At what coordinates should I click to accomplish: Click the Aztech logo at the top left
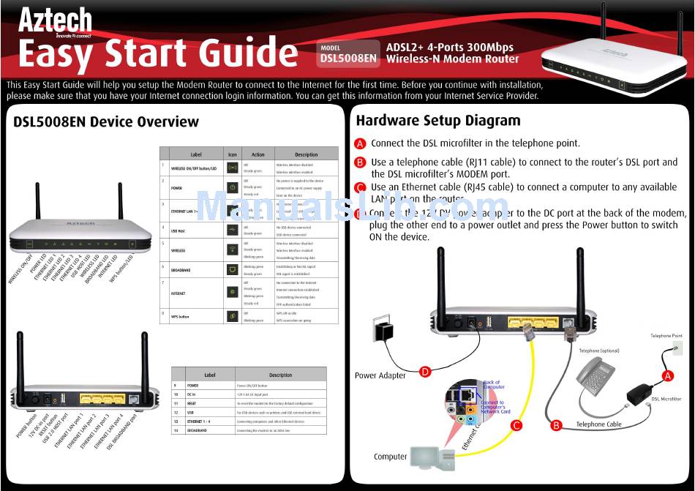(55, 20)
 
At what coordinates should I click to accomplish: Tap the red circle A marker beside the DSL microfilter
(667, 375)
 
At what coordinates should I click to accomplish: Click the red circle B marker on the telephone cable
(555, 424)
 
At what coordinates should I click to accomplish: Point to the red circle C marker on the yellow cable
(516, 424)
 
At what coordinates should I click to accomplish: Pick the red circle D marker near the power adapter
(424, 371)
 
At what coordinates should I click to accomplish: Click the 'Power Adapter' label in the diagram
(380, 375)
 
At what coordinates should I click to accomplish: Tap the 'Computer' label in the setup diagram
(390, 457)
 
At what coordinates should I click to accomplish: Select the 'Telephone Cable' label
(598, 424)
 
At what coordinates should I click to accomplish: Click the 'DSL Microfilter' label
(666, 399)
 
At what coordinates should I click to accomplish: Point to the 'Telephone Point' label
(666, 336)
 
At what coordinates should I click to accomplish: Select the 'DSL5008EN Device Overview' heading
(106, 122)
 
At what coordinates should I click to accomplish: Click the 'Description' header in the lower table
(280, 375)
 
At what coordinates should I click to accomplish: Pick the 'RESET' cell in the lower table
(193, 403)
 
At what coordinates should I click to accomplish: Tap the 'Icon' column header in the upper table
(233, 154)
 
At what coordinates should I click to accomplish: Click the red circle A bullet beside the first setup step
(360, 143)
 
